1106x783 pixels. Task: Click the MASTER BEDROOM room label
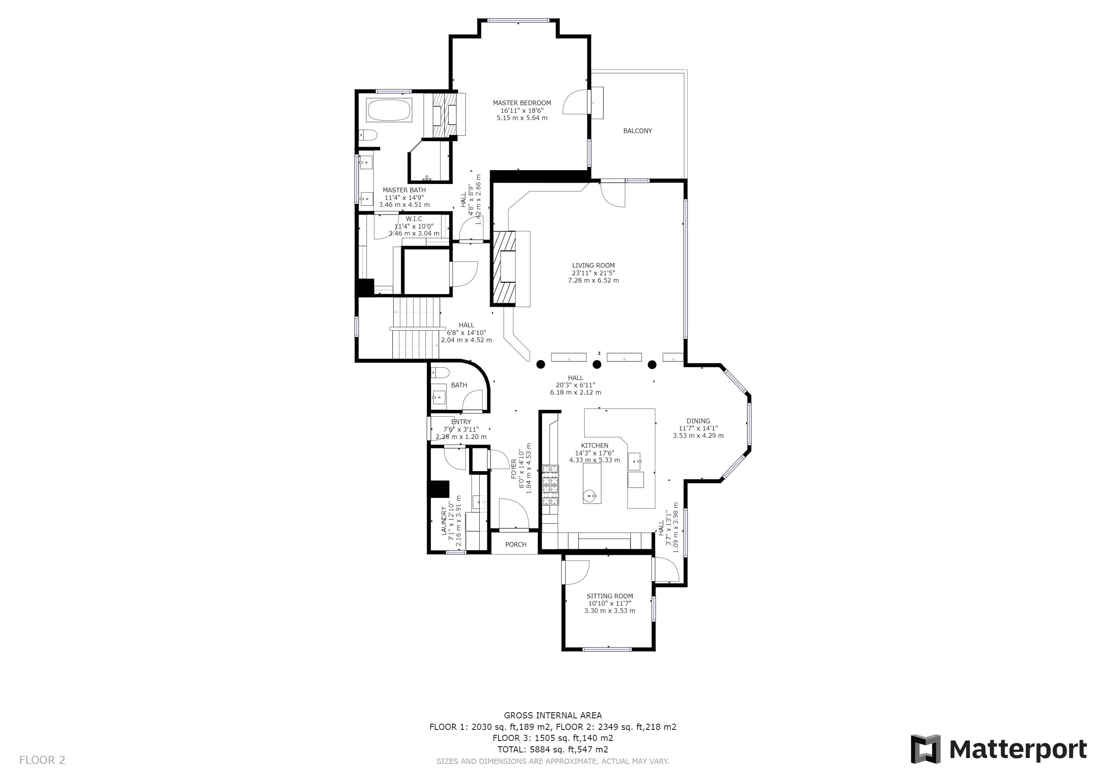(522, 103)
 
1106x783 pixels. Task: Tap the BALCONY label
(637, 131)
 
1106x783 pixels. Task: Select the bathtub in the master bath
(389, 110)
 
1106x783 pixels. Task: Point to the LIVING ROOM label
(593, 265)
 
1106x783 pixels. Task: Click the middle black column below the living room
(597, 364)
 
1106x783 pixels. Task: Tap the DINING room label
(698, 421)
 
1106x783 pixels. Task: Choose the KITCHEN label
(594, 445)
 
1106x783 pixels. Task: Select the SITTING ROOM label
(610, 596)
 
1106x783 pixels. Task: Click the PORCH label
(516, 544)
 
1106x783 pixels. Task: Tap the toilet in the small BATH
(440, 372)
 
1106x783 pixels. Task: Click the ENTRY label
(461, 422)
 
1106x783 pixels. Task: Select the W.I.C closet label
(414, 219)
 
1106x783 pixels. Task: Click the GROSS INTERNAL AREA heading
(553, 715)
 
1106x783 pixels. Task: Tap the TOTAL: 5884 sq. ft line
(553, 749)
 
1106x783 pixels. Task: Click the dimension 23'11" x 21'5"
(593, 273)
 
